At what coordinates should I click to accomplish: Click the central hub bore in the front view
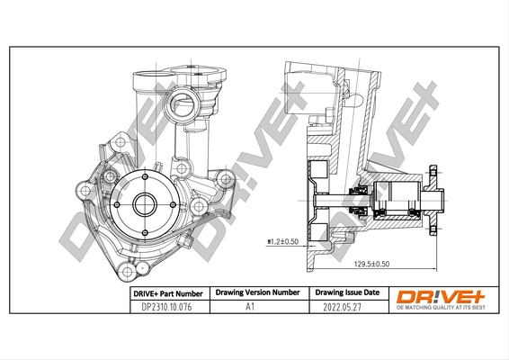pyautogui.click(x=145, y=202)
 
